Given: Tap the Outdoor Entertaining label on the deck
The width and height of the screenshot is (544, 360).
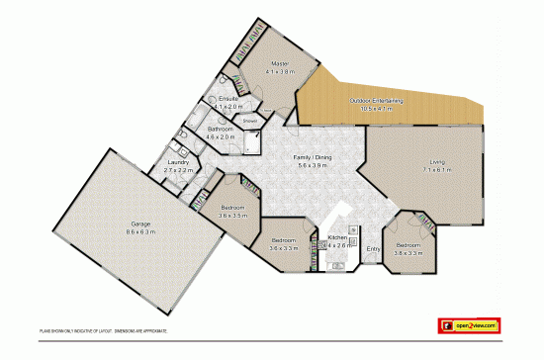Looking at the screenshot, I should pyautogui.click(x=377, y=101).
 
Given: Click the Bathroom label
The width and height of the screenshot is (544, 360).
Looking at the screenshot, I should pyautogui.click(x=220, y=130).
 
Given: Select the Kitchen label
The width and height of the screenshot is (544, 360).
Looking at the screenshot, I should pyautogui.click(x=337, y=238).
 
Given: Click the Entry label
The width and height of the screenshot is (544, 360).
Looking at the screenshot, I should pyautogui.click(x=373, y=249).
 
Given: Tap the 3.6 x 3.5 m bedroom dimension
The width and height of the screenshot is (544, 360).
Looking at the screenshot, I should pyautogui.click(x=232, y=215).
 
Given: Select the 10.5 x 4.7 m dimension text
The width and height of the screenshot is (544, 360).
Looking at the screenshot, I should pyautogui.click(x=377, y=109).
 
